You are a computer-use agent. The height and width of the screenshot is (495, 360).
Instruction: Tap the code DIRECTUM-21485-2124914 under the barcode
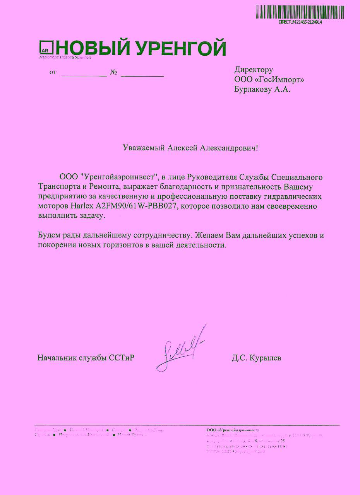(300, 22)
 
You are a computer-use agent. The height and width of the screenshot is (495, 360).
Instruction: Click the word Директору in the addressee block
(254, 70)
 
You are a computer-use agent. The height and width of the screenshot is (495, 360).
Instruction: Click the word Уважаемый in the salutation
(144, 148)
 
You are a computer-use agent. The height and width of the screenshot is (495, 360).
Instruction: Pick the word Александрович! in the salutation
(230, 148)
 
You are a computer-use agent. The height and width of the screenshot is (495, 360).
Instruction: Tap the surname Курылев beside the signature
(265, 358)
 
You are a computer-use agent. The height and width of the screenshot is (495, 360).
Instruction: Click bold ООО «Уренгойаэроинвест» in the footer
(233, 430)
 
